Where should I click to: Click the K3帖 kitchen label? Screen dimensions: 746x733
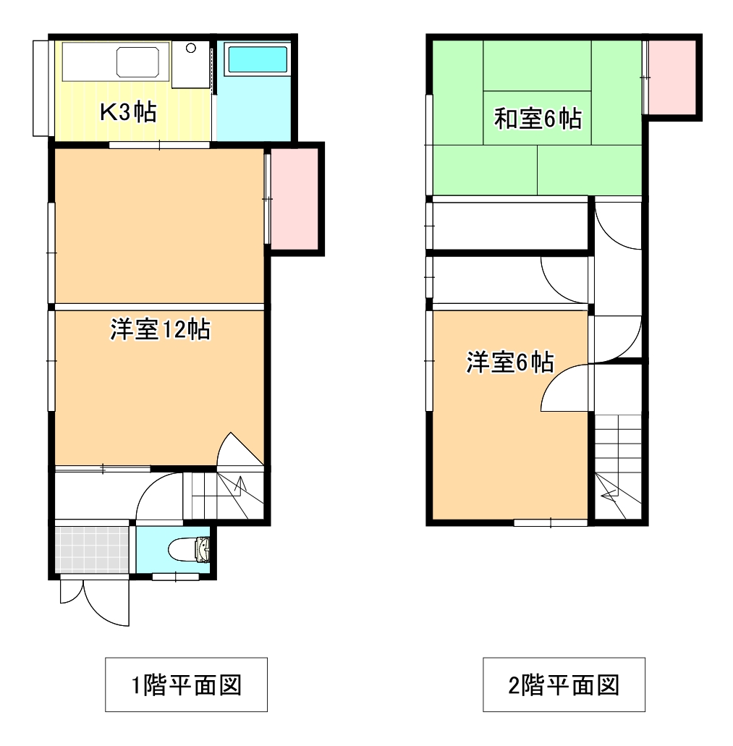tap(128, 112)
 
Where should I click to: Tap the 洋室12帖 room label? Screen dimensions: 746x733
tap(160, 330)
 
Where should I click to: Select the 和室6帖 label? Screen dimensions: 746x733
tap(538, 118)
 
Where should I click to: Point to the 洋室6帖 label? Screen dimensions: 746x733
tap(509, 362)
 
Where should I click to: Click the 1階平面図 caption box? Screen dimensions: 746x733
tap(187, 684)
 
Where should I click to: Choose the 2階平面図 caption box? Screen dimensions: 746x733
tap(564, 684)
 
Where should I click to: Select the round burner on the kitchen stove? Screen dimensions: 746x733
tap(191, 48)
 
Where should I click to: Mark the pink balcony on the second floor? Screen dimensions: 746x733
tap(673, 77)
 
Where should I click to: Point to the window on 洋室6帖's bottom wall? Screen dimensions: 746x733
tap(550, 521)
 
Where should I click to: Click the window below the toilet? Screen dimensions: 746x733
tap(176, 577)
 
